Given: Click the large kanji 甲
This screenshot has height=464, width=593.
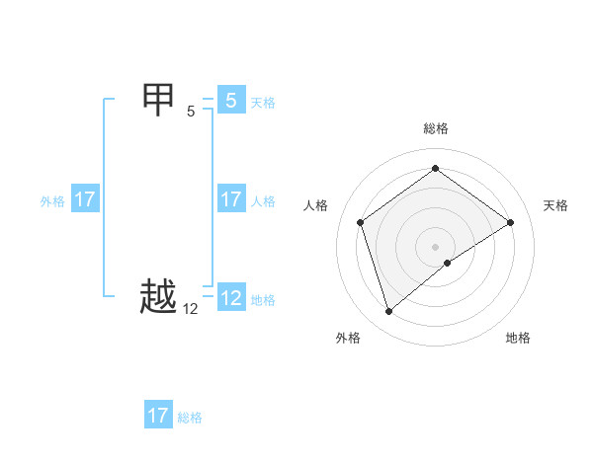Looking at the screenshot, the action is [x=159, y=100].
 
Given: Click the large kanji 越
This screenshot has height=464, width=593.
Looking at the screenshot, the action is [x=159, y=297].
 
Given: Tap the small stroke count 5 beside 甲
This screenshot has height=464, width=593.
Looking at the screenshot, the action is [x=191, y=112].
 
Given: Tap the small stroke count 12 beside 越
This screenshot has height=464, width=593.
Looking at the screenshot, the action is [x=191, y=309].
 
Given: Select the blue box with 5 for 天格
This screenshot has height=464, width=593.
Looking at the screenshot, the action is [x=230, y=101].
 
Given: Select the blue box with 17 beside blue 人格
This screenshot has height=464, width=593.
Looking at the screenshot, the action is [x=230, y=199].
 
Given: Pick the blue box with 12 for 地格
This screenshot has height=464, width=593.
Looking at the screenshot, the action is [x=230, y=298].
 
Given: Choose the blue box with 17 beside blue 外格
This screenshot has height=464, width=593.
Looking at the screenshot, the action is [x=84, y=199].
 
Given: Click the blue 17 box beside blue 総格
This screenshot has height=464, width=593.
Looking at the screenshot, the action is [x=157, y=416].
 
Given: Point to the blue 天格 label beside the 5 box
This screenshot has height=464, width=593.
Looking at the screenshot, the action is [x=263, y=102].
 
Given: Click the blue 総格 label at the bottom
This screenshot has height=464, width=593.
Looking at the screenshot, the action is [x=190, y=418].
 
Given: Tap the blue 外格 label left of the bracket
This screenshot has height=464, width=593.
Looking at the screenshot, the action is [x=52, y=201].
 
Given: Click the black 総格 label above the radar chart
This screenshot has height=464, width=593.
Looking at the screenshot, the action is [x=436, y=128].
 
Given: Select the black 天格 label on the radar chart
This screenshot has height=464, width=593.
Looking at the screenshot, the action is [x=555, y=205].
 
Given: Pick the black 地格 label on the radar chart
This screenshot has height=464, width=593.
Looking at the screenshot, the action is [x=518, y=338].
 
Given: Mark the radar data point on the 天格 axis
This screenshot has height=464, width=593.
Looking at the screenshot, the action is [x=510, y=222].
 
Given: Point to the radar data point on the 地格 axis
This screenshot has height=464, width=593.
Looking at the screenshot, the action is [x=448, y=263].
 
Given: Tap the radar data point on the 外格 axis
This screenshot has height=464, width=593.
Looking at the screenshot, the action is [x=389, y=312].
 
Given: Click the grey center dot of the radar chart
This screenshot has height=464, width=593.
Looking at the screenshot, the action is [x=436, y=246].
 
